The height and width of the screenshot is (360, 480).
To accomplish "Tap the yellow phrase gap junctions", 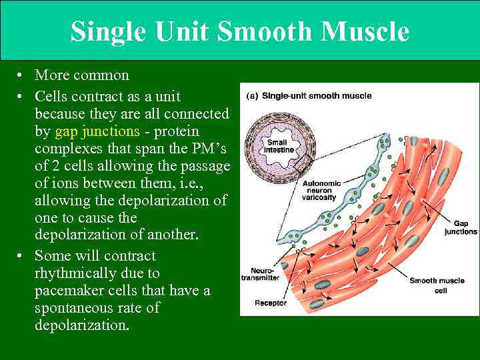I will point(97,131).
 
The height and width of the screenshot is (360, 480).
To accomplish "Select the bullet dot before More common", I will point(22,75).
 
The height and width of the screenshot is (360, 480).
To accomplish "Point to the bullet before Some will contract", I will point(22,256).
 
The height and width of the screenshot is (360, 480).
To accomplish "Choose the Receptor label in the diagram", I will point(271,303).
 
